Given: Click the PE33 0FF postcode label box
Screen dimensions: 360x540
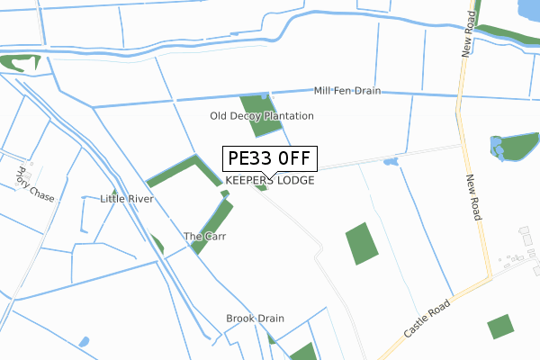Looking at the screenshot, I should (x=269, y=158).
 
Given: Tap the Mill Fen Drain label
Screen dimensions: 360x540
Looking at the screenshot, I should (x=347, y=91).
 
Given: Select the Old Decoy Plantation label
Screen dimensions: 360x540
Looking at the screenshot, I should (x=261, y=116).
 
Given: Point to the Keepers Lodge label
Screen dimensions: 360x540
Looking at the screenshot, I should (x=269, y=181).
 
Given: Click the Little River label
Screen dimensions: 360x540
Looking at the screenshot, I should (x=127, y=198).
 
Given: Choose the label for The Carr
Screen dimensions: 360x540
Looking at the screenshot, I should (x=204, y=237).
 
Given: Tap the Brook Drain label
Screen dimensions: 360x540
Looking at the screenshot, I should (x=255, y=319).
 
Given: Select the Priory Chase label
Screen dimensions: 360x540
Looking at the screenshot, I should (x=29, y=183).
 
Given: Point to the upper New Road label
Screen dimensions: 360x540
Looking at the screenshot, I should (x=468, y=35).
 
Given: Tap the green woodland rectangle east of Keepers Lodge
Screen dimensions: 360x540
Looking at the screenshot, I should (x=362, y=243).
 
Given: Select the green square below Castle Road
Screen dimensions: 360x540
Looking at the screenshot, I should (x=499, y=327).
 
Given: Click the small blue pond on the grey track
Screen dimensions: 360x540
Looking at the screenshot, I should (x=390, y=162).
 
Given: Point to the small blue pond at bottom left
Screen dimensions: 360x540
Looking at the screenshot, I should (x=84, y=343).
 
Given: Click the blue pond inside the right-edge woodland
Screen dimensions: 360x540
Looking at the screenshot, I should (x=496, y=145).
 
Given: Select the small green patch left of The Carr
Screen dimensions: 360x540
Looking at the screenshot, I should (x=157, y=244).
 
